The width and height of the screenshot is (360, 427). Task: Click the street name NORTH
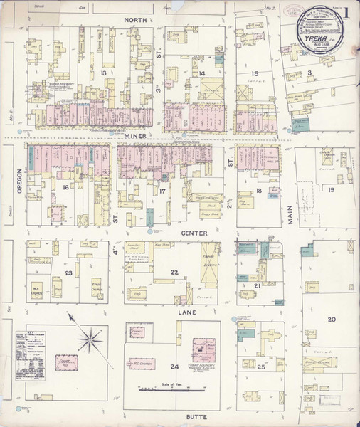tap(135, 20)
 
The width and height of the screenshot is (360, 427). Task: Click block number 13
tap(103, 73)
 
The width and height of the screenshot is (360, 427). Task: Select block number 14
tap(202, 73)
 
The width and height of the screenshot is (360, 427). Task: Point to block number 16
tap(65, 187)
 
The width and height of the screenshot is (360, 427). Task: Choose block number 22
tap(174, 273)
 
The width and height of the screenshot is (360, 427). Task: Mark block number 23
tap(69, 273)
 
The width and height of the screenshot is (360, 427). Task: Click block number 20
tap(331, 319)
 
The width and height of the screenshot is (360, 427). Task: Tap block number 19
tap(332, 189)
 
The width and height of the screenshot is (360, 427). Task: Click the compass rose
tap(89, 338)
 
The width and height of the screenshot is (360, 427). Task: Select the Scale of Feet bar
tap(166, 389)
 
